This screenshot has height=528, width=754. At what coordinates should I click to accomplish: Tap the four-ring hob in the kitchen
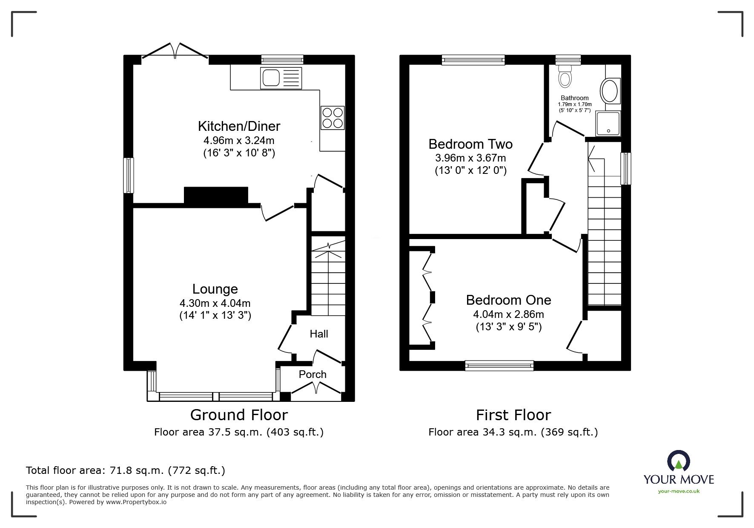[x=332, y=118]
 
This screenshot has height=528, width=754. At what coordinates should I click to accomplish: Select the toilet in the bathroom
[x=565, y=77]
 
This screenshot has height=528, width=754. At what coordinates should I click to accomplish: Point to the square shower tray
[x=608, y=124]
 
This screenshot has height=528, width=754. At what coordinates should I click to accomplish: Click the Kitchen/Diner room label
[x=239, y=126]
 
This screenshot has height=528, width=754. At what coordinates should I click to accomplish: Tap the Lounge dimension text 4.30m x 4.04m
[x=215, y=303]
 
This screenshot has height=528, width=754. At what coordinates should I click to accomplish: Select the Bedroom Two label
[x=470, y=144]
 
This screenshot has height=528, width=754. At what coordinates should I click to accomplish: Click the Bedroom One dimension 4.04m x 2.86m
[x=508, y=314]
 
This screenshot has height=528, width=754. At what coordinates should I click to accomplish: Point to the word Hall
[x=318, y=334]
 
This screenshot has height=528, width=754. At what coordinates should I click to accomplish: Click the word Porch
[x=312, y=374]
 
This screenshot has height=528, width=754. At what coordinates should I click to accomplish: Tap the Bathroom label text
[x=574, y=98]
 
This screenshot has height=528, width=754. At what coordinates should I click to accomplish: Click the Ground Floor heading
[x=239, y=415]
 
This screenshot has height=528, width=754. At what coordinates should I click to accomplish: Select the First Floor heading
[x=513, y=415]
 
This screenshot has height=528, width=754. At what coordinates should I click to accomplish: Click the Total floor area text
[x=126, y=470]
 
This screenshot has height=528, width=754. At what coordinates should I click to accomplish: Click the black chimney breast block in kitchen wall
[x=216, y=196]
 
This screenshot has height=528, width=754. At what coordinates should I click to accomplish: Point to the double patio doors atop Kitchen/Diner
[x=175, y=50]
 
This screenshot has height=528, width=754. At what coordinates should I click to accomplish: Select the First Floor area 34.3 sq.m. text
[x=513, y=432]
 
